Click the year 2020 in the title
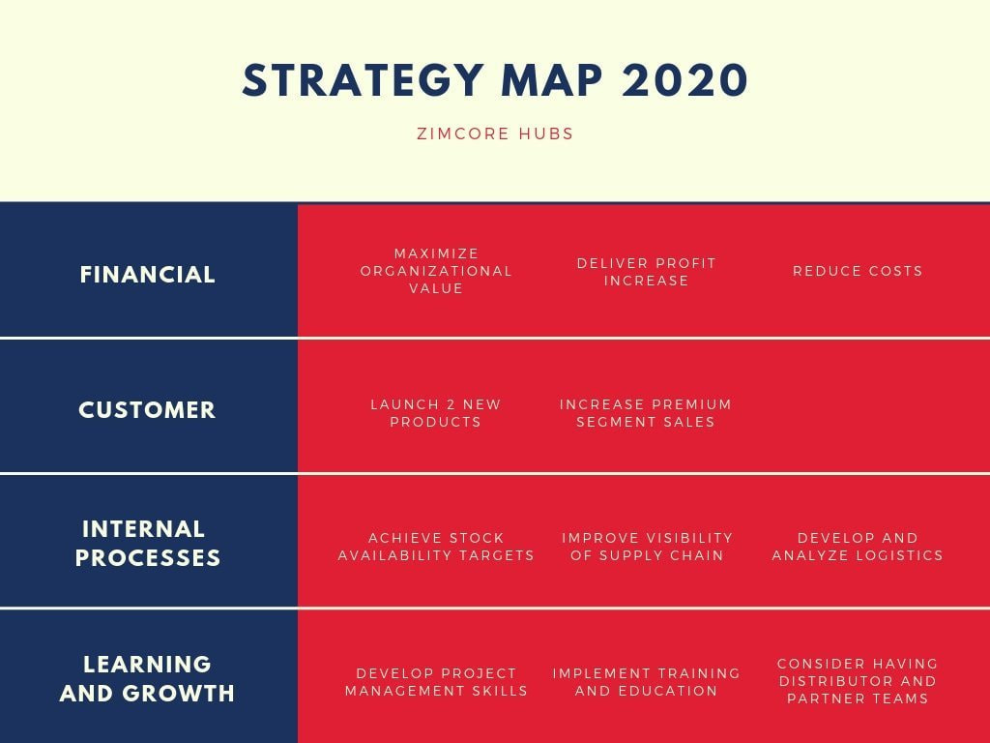click(x=685, y=81)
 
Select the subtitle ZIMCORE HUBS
click(x=495, y=134)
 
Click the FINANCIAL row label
click(x=147, y=275)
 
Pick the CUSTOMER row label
click(x=147, y=410)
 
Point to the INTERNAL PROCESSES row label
click(x=147, y=544)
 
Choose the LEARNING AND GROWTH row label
click(x=147, y=679)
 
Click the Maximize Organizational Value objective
click(x=436, y=271)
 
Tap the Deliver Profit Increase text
click(x=646, y=272)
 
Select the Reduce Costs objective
click(x=858, y=271)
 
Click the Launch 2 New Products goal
click(x=436, y=413)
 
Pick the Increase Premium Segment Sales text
click(x=646, y=413)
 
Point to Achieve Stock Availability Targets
click(x=436, y=547)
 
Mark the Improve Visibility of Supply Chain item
click(x=647, y=547)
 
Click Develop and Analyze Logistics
click(x=858, y=547)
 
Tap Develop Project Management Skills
click(x=436, y=682)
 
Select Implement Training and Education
click(x=646, y=682)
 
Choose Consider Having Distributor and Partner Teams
click(x=858, y=681)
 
